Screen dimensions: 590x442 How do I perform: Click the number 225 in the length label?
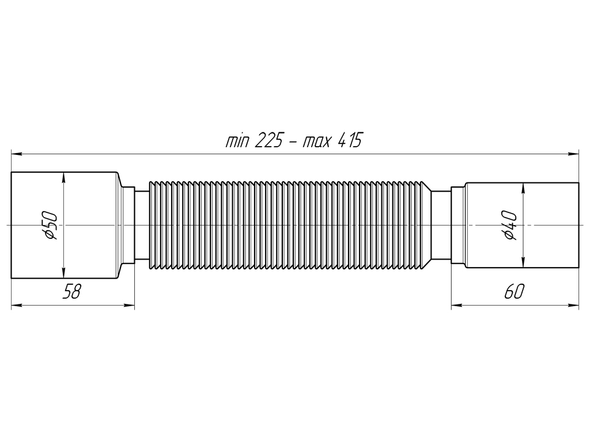click(268, 140)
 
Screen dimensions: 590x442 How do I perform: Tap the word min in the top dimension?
click(237, 142)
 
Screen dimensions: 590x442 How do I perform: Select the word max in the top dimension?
click(317, 142)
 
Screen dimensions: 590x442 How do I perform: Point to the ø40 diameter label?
click(510, 225)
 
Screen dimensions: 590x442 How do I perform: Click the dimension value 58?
click(71, 292)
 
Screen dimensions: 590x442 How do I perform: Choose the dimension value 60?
click(514, 292)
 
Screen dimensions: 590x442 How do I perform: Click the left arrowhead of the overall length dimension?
click(16, 154)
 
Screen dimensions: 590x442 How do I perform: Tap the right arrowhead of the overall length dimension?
click(574, 154)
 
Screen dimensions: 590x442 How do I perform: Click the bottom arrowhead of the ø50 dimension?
click(63, 273)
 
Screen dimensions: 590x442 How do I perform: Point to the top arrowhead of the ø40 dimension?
click(523, 188)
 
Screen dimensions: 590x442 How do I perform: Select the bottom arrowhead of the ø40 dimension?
click(523, 262)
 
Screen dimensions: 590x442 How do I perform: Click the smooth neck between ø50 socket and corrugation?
click(142, 225)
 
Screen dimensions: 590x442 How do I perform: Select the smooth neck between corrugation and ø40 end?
click(441, 225)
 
